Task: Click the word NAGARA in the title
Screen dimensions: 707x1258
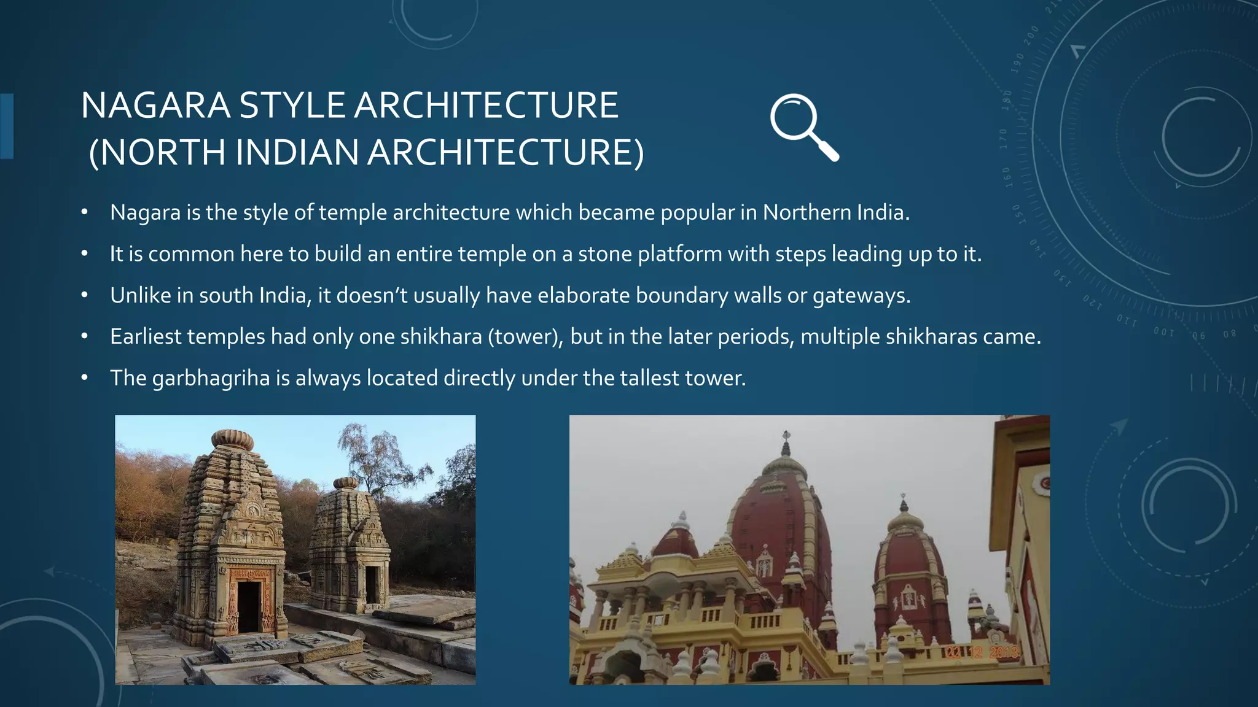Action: click(x=155, y=106)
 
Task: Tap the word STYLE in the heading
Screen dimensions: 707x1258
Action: click(x=292, y=106)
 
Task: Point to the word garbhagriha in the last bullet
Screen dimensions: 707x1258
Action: click(x=211, y=379)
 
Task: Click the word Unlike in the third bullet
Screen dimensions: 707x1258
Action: click(x=141, y=295)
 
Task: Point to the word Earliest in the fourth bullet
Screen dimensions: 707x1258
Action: click(x=146, y=337)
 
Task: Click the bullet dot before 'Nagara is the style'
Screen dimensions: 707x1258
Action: click(x=85, y=212)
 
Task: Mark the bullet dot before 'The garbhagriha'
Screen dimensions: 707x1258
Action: click(x=85, y=378)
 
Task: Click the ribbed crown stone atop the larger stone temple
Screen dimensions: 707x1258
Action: click(x=233, y=439)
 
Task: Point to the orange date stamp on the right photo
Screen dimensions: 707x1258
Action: click(x=982, y=652)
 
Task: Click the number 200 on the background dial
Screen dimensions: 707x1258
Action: click(x=1031, y=34)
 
